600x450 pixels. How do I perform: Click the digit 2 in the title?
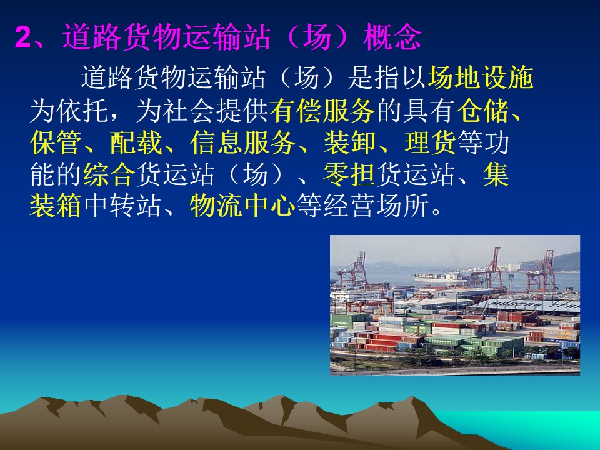click(x=23, y=38)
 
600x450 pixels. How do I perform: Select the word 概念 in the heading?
click(x=392, y=37)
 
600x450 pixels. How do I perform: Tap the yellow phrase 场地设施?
click(x=480, y=77)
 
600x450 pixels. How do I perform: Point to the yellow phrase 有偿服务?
click(x=322, y=111)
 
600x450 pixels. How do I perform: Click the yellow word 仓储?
click(x=483, y=111)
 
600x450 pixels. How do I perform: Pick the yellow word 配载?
click(x=136, y=142)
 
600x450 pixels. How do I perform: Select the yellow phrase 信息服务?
click(x=243, y=142)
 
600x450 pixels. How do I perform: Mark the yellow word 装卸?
click(x=350, y=142)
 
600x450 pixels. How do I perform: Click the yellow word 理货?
click(x=430, y=142)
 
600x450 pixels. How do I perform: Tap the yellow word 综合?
click(x=109, y=174)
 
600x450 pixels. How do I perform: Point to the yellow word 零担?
click(x=349, y=174)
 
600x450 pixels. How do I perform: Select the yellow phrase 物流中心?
click(x=242, y=206)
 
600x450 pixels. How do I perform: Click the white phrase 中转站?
click(x=122, y=206)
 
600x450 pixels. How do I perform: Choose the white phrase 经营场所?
click(x=376, y=206)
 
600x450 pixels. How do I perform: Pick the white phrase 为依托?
click(x=69, y=111)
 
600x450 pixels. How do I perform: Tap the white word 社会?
click(x=189, y=111)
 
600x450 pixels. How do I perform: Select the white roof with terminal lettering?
click(x=528, y=306)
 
